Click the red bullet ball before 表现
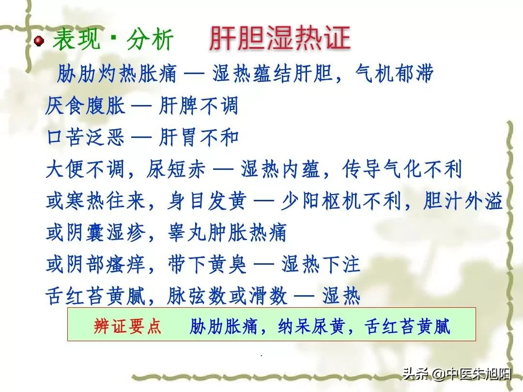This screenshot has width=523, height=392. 39,41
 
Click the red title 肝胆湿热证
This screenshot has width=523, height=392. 279,38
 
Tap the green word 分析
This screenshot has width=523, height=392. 150,39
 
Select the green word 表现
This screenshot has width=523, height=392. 77,39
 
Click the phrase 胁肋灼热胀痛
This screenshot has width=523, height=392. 117,74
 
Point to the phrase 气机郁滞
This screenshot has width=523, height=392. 394,74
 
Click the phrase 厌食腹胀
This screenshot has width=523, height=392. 85,106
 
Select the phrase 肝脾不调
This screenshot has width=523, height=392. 199,106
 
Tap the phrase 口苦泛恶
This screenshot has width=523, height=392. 85,137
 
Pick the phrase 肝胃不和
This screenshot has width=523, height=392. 199,137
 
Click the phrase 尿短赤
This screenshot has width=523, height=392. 175,169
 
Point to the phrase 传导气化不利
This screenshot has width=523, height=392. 402,169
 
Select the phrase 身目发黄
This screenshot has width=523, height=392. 207,201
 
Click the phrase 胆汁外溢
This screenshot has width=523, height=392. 462,201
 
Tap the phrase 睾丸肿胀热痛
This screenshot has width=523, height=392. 227,233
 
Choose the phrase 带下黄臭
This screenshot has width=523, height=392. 207,264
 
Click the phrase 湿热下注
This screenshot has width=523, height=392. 321,264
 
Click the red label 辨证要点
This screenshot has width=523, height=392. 127,326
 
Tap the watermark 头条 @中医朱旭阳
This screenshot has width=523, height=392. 457,374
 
